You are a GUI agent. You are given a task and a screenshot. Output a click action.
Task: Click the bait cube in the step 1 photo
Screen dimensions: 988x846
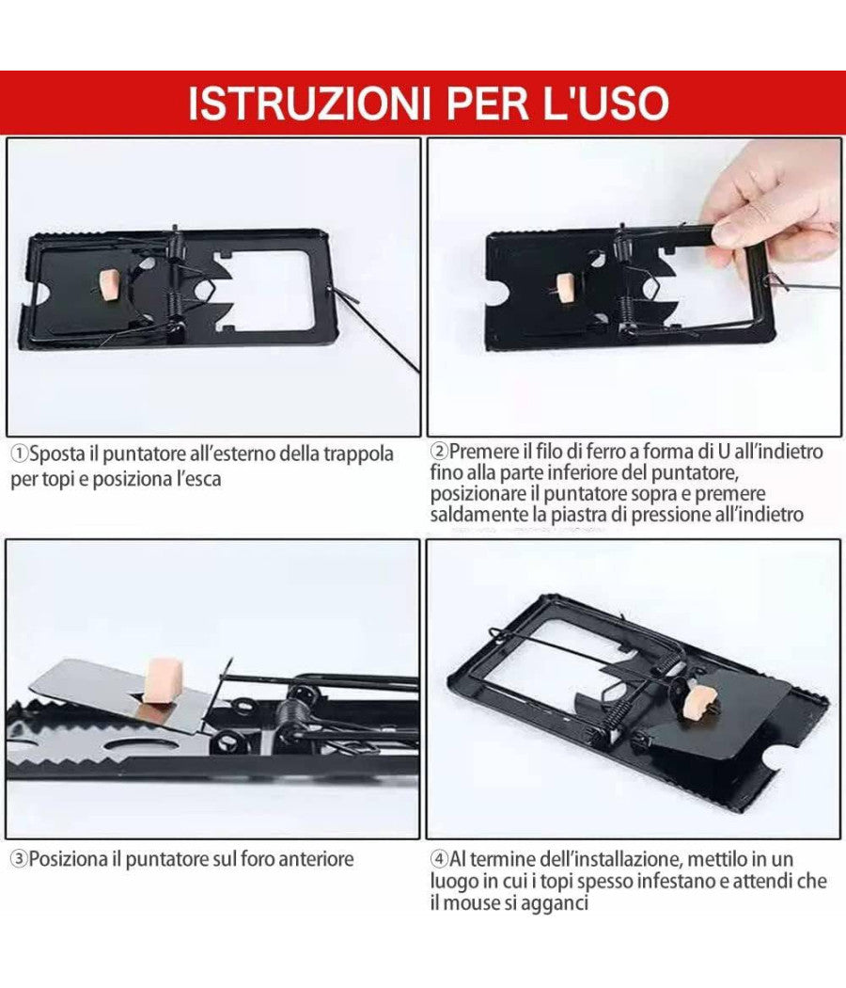[110, 283]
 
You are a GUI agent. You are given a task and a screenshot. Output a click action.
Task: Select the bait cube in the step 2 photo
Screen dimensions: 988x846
[565, 287]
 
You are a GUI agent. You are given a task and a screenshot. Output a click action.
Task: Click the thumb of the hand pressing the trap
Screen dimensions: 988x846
[737, 228]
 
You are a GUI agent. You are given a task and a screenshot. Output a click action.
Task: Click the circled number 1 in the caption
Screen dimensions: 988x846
[19, 454]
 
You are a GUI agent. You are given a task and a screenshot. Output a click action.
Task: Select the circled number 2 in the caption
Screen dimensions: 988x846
[439, 453]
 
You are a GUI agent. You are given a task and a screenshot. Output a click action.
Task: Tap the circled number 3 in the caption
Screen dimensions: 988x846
[19, 859]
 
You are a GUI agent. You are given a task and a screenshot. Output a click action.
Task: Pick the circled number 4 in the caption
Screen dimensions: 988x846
[439, 859]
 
